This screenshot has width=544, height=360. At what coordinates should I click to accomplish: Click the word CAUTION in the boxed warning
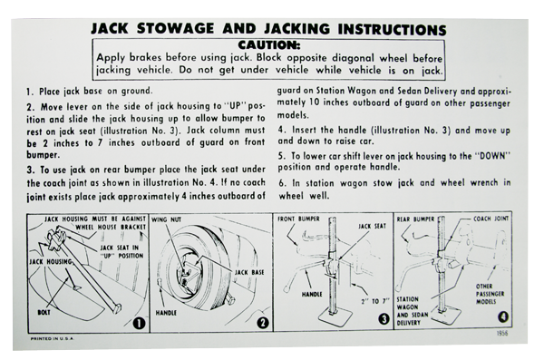coord(268,45)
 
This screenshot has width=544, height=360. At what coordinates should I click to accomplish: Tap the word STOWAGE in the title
coord(175,28)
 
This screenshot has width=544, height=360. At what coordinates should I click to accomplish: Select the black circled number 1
coord(139,323)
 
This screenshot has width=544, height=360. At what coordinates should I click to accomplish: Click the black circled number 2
coord(263,323)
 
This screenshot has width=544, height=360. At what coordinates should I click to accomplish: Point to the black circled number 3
coord(384,318)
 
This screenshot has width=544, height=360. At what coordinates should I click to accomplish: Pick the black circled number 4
coord(503,316)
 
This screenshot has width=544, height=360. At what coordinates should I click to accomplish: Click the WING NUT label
coord(166,219)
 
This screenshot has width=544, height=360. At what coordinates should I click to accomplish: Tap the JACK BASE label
coord(249,272)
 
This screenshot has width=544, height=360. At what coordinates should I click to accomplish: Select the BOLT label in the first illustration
coord(44,312)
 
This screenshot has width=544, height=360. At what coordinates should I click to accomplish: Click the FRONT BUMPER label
coord(298,219)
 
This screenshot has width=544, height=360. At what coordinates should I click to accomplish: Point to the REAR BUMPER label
coord(415,219)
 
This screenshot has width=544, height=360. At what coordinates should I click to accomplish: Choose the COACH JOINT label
coord(491,219)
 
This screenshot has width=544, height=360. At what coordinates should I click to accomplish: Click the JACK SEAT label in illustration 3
coord(372,227)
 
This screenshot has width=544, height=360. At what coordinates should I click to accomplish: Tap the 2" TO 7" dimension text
coord(375,301)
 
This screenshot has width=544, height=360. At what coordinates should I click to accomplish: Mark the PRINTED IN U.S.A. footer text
coord(52,338)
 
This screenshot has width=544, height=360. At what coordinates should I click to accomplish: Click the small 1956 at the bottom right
coord(502,333)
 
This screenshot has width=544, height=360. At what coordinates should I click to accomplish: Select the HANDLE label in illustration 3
coord(312,294)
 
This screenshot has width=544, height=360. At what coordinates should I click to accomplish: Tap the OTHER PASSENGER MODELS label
coord(490,294)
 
